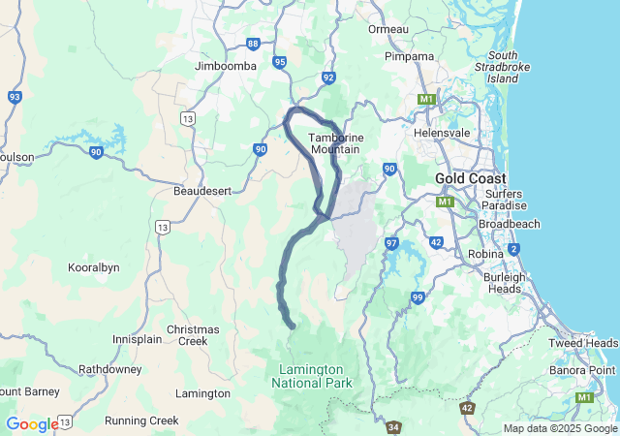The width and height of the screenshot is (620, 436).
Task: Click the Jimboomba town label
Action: pos(225,66)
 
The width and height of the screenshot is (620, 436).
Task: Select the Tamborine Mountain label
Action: pos(335,143)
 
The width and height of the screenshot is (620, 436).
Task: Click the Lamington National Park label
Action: pos(310,376)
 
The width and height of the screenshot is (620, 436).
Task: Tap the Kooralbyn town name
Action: pos(95,266)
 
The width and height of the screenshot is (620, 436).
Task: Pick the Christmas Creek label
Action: pos(193,335)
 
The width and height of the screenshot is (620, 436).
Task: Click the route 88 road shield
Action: pos(253,44)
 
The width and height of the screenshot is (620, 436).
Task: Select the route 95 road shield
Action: pos(280,62)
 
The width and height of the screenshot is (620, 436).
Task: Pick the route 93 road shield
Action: pos(15,97)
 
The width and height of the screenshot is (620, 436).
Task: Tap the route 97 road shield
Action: pos(392,243)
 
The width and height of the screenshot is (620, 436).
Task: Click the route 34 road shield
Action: pos(393,426)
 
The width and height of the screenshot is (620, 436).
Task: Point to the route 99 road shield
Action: pos(418,297)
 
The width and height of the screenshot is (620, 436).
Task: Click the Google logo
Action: pos(32,424)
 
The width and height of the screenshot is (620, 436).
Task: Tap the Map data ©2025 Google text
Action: pos(559,428)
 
